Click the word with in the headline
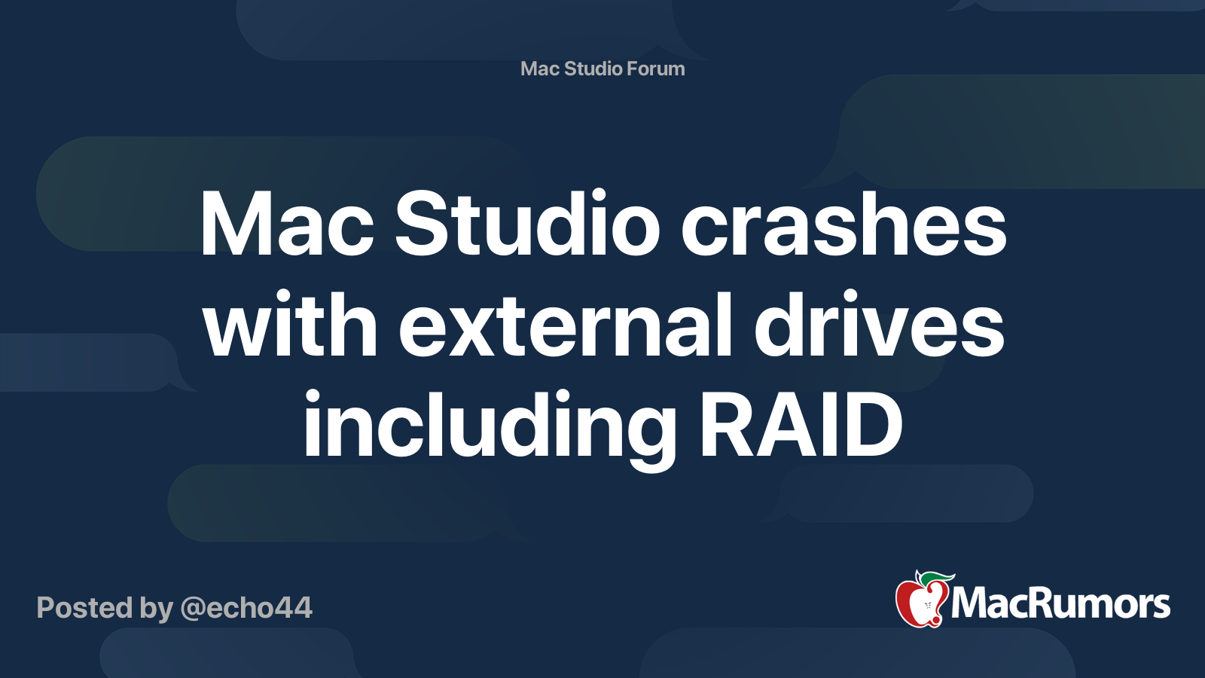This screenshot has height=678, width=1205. pos(291,323)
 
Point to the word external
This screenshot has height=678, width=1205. pos(565,323)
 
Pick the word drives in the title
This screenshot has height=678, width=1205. pos(879,323)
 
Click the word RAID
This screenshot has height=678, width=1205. pos(800,425)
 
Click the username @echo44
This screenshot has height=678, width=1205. pos(246,608)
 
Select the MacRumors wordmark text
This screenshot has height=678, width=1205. pos(1060,604)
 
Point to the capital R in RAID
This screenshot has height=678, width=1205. pos(726,425)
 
